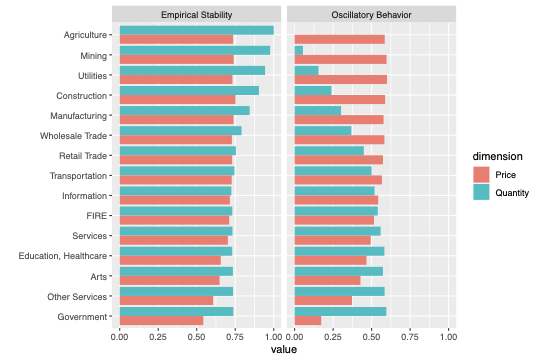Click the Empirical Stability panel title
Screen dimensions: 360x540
coord(197,14)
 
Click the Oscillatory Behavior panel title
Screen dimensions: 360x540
coord(371,14)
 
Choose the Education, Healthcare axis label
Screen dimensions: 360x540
coord(62,256)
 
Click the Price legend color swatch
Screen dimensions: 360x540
coord(482,175)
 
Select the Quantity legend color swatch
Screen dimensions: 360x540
coord(482,192)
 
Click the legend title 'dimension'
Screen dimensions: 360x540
coord(499,157)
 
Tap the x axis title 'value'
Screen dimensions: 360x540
coord(284,349)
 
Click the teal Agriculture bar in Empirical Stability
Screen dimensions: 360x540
coord(196,30)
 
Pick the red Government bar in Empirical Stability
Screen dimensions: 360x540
coord(161,321)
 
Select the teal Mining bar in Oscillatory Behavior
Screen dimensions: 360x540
coord(299,50)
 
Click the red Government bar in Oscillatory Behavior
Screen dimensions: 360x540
coord(308,321)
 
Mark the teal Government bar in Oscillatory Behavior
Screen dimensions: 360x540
coord(340,312)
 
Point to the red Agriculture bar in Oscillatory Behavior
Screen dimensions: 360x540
coord(340,40)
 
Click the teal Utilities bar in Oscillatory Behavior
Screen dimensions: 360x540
coord(307,70)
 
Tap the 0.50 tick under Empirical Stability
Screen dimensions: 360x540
coord(196,337)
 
